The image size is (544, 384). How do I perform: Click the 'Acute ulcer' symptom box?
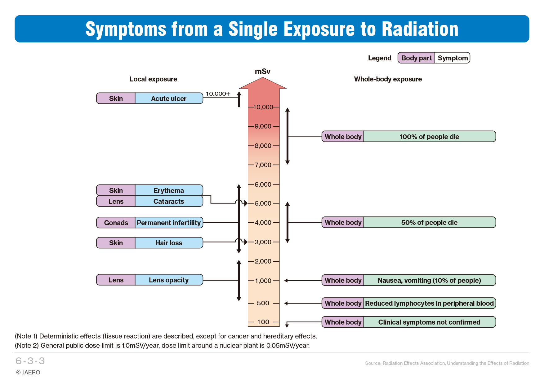click(169, 98)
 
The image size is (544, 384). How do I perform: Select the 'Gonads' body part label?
click(116, 223)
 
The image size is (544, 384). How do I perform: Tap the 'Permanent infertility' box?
click(169, 223)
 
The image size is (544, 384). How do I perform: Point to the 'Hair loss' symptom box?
click(169, 243)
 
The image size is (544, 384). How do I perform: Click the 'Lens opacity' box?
click(169, 280)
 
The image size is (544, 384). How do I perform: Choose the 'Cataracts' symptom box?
click(169, 201)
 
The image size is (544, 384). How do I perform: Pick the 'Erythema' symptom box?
click(169, 190)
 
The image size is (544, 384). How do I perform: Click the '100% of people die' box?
click(430, 137)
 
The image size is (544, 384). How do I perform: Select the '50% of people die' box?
click(430, 222)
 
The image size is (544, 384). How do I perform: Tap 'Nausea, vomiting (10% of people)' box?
click(430, 280)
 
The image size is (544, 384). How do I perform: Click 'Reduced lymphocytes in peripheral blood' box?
click(430, 303)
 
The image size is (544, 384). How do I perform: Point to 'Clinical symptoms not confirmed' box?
click(430, 322)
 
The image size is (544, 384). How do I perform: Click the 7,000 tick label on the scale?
click(263, 165)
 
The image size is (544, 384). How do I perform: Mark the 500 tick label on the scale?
click(263, 303)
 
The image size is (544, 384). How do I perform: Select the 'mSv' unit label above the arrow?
click(263, 72)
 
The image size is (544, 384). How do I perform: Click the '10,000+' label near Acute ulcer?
click(218, 94)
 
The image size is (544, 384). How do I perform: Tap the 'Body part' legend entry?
click(416, 58)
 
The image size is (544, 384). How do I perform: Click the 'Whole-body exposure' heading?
click(388, 79)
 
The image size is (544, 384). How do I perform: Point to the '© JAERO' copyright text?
click(28, 372)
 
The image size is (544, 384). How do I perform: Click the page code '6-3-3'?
click(30, 361)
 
